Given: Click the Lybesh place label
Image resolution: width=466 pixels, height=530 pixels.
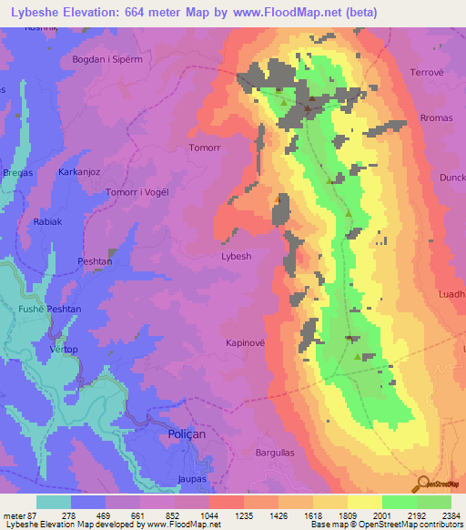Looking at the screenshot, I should click(x=236, y=257).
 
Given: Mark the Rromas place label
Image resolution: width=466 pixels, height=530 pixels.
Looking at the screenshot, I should click(x=424, y=118).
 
